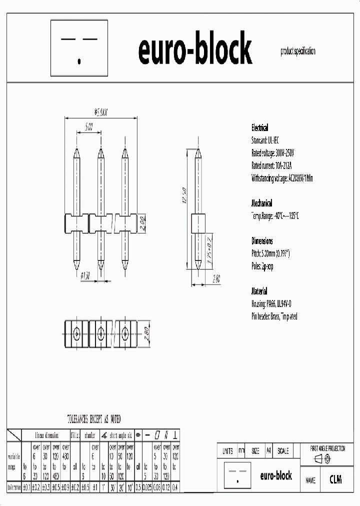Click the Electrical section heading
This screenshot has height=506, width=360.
(x=259, y=128)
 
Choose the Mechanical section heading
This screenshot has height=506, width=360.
(x=261, y=203)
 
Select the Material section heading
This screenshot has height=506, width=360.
(x=259, y=291)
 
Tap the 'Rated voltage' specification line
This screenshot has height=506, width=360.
(x=273, y=153)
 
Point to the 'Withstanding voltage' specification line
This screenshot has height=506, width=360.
(x=282, y=178)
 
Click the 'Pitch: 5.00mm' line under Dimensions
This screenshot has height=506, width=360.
(x=270, y=254)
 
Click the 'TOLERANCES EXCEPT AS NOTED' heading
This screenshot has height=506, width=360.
(x=94, y=419)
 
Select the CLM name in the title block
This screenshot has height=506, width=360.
(x=335, y=479)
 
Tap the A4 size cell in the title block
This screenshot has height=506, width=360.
(x=269, y=451)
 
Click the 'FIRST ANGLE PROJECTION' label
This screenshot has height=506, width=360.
(x=327, y=449)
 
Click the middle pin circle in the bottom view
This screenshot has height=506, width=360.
(x=100, y=332)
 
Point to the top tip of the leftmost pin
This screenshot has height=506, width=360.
(x=76, y=148)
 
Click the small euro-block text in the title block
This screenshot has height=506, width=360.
(x=276, y=476)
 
